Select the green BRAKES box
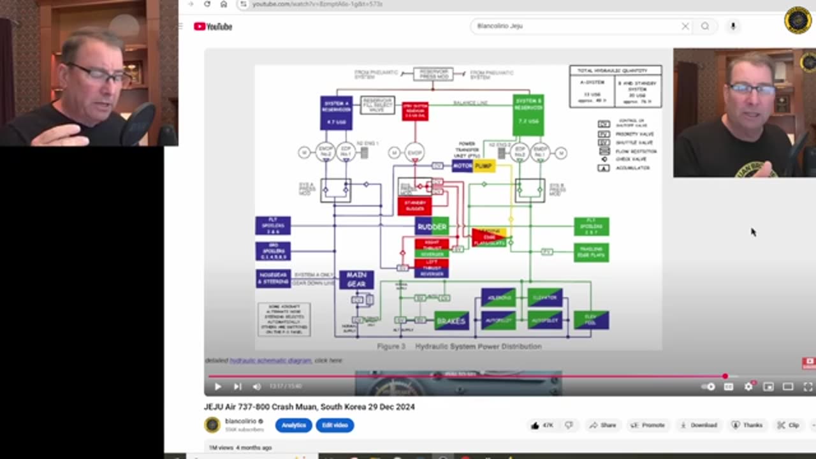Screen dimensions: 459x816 [451, 321]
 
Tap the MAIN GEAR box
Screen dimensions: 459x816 [356, 279]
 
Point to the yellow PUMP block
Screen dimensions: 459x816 [484, 166]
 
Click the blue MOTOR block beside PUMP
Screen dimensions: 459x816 [462, 166]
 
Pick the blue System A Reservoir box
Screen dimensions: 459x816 [336, 113]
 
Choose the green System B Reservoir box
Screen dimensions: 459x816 [528, 115]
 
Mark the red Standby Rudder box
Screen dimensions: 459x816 [414, 206]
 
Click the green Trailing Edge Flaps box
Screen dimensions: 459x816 [591, 252]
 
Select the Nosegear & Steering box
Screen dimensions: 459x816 [273, 278]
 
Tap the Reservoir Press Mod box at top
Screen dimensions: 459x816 [433, 75]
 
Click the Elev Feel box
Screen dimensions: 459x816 [591, 320]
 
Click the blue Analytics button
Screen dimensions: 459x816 [293, 425]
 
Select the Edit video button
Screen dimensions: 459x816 [335, 425]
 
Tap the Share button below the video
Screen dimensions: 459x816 [602, 425]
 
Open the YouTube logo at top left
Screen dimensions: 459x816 [213, 26]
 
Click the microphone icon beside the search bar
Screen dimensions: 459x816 [732, 26]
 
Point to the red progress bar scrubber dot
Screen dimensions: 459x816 [725, 376]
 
